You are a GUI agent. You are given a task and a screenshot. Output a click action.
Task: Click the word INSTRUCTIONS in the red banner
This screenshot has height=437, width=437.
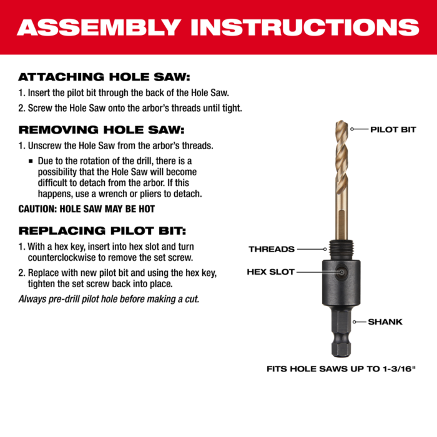click(305, 27)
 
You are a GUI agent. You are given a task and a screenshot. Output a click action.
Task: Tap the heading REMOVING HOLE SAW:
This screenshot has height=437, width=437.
click(102, 130)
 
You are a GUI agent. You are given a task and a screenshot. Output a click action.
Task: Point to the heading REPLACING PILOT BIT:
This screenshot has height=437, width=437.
click(102, 230)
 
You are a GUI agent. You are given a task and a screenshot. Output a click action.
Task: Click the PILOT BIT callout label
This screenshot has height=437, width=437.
click(393, 130)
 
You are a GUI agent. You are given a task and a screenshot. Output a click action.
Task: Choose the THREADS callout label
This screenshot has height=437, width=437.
click(272, 249)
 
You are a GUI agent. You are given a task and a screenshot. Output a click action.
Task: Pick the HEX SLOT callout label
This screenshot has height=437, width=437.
click(270, 272)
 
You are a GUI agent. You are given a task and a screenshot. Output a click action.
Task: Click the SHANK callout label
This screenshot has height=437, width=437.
click(385, 322)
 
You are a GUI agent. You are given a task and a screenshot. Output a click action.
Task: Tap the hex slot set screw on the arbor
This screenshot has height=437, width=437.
click(343, 272)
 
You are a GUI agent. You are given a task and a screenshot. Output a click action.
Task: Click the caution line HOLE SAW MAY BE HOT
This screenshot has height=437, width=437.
click(87, 209)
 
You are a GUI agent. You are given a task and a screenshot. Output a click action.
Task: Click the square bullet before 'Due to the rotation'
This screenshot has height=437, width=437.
click(31, 160)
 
